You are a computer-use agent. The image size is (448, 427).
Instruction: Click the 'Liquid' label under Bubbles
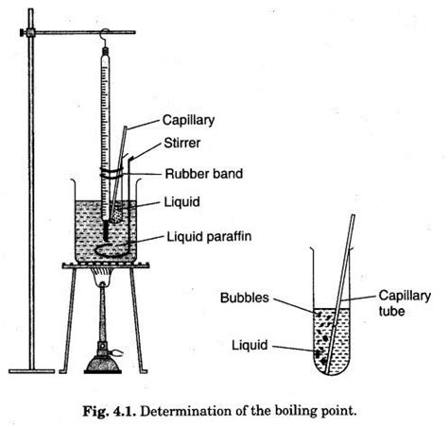tap(250, 346)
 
